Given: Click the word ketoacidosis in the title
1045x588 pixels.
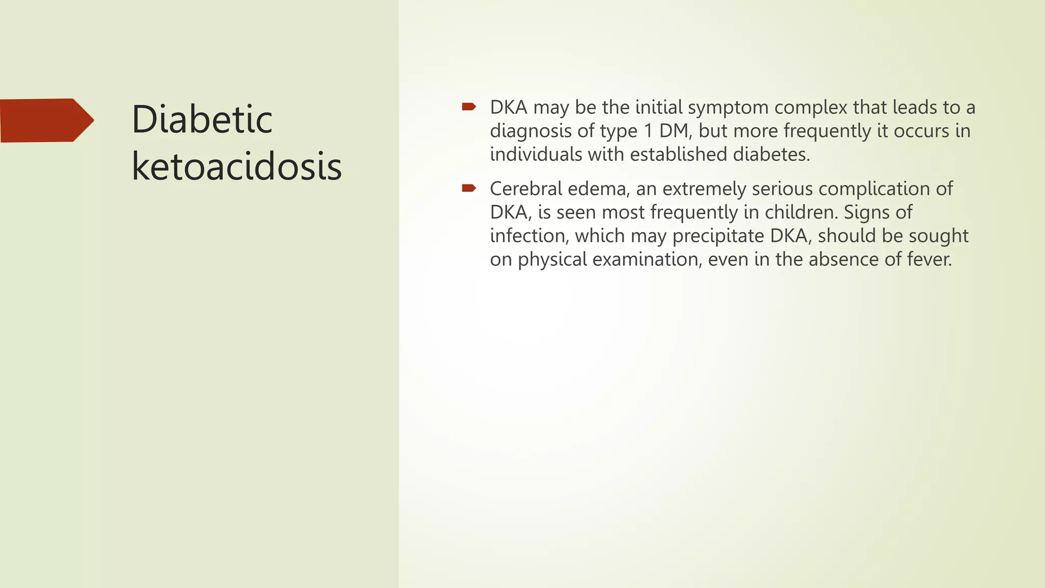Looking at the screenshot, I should point(236,166).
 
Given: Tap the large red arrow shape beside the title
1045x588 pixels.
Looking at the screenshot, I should point(46,120).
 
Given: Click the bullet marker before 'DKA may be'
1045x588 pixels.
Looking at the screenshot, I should point(468,107).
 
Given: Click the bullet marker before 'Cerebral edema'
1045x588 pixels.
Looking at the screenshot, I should point(468,188).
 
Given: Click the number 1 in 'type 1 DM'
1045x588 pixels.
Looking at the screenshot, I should point(648,131).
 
